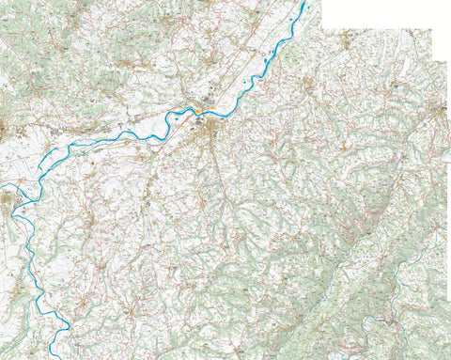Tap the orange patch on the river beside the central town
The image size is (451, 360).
point(198,114)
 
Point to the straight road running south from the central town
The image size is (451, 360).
point(219,174)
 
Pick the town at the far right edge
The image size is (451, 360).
point(442,113)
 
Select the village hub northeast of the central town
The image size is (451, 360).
point(307,89)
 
